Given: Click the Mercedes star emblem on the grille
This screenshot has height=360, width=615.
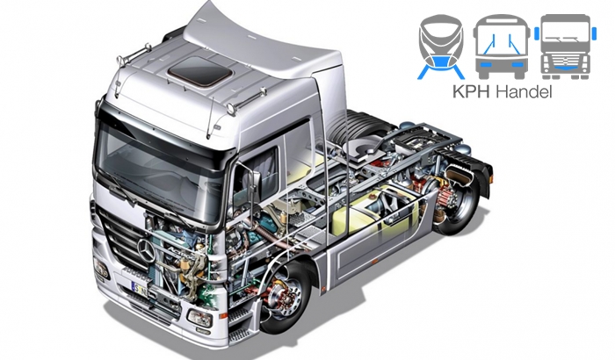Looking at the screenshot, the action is pos(147,250).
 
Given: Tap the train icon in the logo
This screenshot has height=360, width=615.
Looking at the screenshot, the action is pos(441,47).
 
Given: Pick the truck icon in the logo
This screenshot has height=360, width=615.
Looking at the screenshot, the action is pos(565,47).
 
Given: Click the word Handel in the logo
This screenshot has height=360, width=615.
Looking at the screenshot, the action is pos(524,91).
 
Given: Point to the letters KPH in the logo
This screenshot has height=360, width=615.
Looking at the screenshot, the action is pos(472,91).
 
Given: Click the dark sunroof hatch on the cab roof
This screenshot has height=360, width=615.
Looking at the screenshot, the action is pos(199,71).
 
